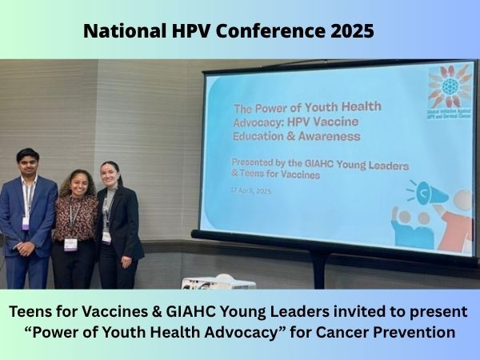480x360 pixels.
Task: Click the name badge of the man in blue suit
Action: click(x=26, y=222)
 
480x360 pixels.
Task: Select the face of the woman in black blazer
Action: click(x=110, y=174)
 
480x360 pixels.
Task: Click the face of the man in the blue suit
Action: click(x=29, y=163)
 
